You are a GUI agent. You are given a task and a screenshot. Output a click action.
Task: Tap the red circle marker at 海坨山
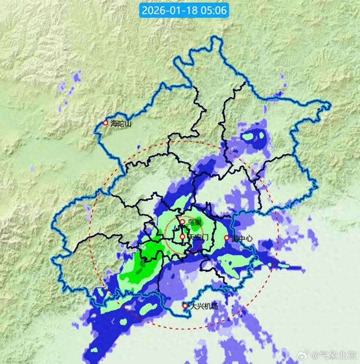pos(105,123)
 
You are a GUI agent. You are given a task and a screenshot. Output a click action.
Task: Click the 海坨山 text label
pos(120,124)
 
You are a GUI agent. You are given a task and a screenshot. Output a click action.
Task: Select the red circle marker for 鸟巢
pos(183,222)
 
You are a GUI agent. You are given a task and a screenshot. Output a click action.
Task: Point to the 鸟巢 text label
pos(195,222)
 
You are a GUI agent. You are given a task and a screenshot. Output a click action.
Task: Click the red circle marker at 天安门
pos(182,237)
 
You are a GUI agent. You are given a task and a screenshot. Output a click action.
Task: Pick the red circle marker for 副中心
pos(227,238)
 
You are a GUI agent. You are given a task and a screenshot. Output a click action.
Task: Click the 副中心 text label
pos(241,238)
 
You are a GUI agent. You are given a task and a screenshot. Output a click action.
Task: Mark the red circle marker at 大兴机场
pos(186,306)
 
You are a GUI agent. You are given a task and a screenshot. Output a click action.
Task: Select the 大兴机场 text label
pos(204,306)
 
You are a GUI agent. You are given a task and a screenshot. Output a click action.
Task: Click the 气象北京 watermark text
pos(338,355)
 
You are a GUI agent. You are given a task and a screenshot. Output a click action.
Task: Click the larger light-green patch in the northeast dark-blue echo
pos(249,136)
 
